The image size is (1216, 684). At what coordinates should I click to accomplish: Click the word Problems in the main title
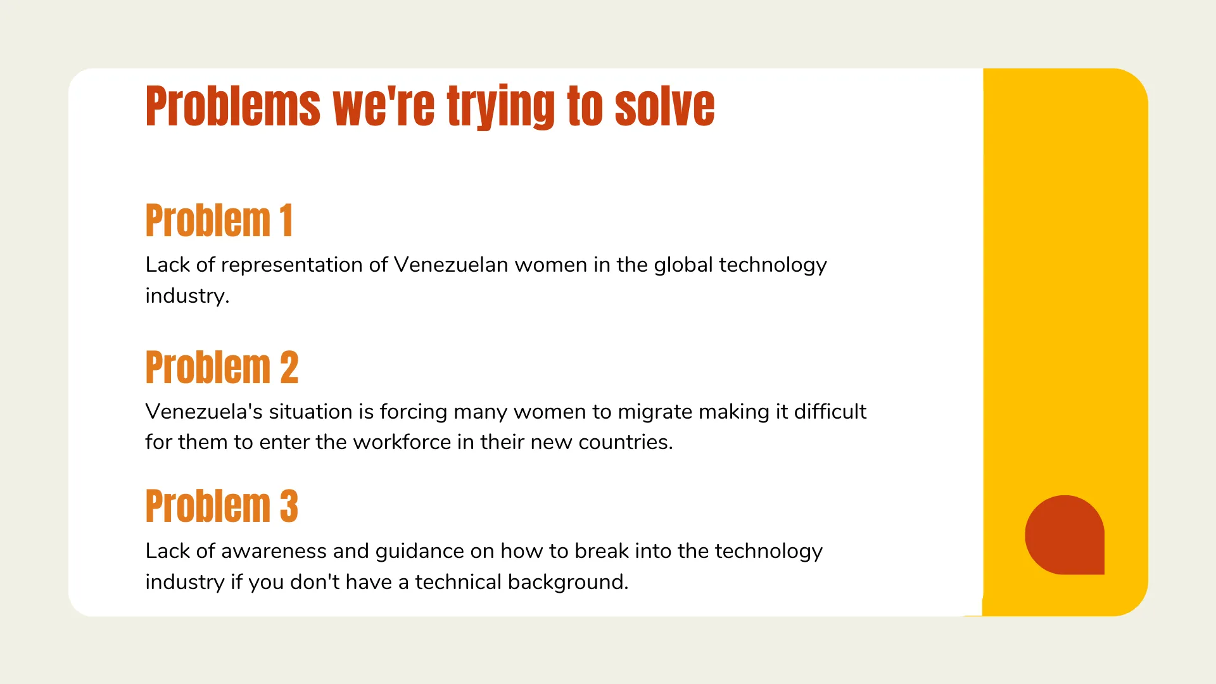pos(233,106)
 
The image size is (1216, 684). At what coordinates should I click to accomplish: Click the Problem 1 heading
pos(219,220)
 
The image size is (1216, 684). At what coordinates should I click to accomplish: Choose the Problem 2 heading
pos(222,367)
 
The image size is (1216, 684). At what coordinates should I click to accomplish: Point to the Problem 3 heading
pos(222,506)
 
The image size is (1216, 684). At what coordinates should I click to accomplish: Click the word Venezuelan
pos(451,264)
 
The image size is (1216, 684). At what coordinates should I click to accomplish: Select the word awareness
pos(274,551)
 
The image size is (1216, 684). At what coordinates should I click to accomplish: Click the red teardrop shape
pos(1065,535)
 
